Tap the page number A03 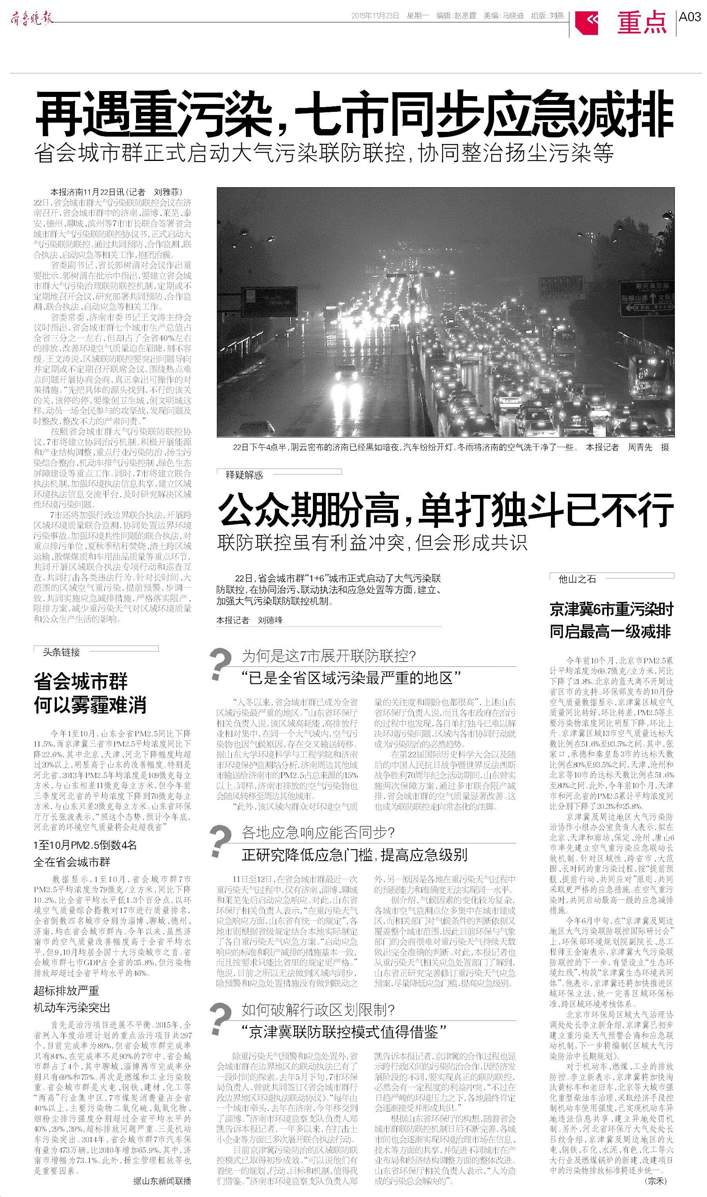tap(689, 17)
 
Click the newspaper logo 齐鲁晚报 tap(31, 18)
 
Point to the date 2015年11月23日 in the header tap(375, 16)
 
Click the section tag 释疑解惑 tap(244, 475)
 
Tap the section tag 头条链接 tap(61, 652)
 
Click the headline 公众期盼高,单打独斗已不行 tap(445, 509)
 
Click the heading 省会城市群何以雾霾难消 tap(89, 693)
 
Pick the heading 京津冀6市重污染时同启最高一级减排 tap(611, 620)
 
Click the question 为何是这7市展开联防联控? tap(329, 656)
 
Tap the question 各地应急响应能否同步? tap(318, 832)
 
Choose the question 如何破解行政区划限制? tap(318, 1010)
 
